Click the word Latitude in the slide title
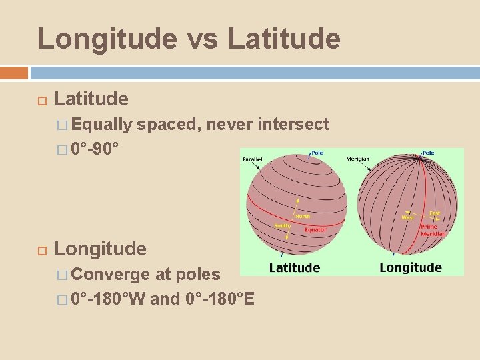284,39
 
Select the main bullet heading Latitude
91,99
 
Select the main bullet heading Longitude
100,249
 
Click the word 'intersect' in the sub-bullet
293,124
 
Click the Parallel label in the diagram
253,159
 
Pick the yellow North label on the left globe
302,216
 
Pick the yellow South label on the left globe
281,226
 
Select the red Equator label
315,230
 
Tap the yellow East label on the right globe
435,213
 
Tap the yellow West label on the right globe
407,217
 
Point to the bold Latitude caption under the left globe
294,268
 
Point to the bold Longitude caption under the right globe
410,268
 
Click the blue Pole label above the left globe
317,153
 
